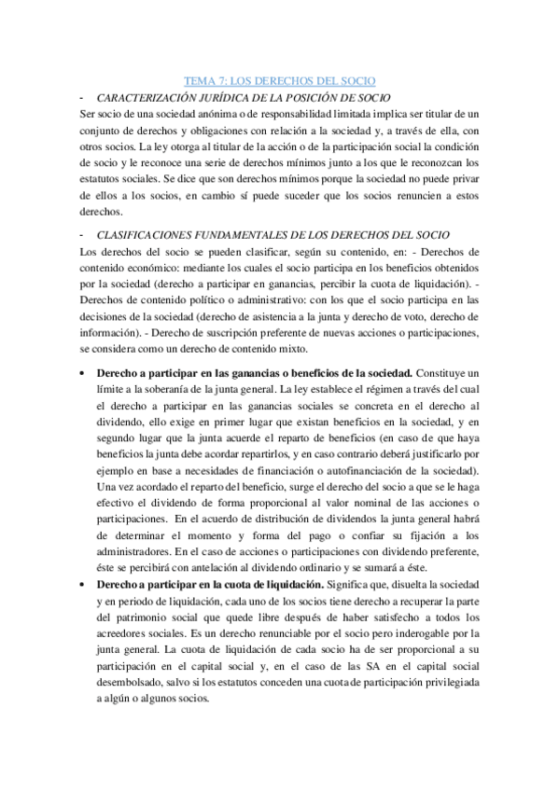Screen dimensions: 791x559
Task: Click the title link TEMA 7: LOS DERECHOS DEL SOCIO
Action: pyautogui.click(x=279, y=82)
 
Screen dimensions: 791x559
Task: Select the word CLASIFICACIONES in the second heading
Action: pyautogui.click(x=150, y=235)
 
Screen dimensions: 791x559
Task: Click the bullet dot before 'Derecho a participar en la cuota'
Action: pyautogui.click(x=85, y=558)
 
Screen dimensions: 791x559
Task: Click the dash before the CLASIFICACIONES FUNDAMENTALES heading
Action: pyautogui.click(x=83, y=235)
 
